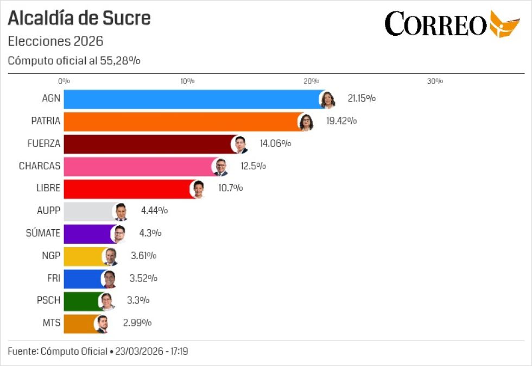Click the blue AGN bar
[190, 99]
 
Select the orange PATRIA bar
[179, 122]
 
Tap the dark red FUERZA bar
[147, 144]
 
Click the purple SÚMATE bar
[87, 234]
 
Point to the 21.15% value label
[362, 99]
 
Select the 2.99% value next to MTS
[137, 323]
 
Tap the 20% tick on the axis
[311, 81]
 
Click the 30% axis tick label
[435, 81]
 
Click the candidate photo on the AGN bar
[327, 99]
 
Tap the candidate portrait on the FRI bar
[109, 279]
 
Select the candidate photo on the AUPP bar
[121, 211]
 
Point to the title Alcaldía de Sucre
[79, 18]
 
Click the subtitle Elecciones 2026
[55, 41]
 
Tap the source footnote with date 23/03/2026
[98, 351]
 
